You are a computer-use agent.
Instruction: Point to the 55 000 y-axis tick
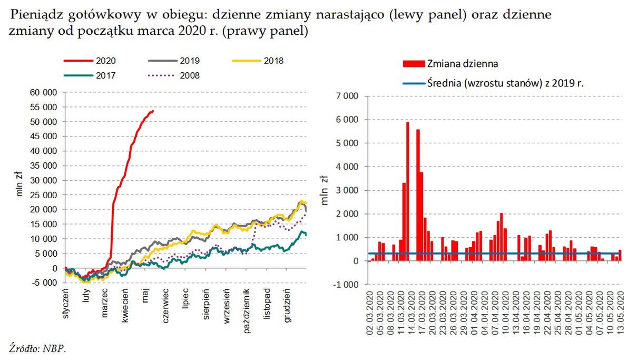coord(44,107)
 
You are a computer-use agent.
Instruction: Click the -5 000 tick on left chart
coord(45,283)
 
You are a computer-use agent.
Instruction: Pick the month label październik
coord(247,311)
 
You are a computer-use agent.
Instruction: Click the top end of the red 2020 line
coord(152,111)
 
